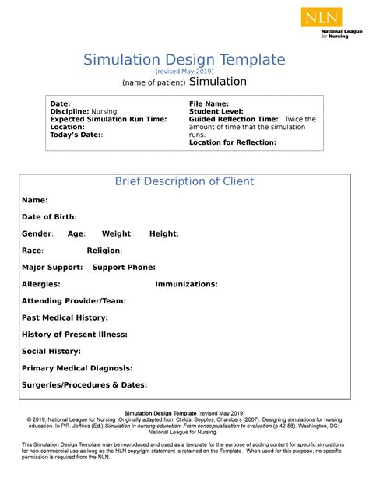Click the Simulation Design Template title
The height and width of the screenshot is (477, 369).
pos(184,59)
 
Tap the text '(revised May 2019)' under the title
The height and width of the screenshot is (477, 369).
pos(184,71)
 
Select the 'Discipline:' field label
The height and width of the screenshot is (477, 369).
pos(71,111)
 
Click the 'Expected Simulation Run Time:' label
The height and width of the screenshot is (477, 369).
pos(108,119)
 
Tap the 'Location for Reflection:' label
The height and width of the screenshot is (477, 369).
pos(233,142)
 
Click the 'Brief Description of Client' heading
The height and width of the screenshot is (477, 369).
pos(184,181)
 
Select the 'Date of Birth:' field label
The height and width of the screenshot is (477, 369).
pos(49,216)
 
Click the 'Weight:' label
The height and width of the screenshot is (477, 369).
pos(118,233)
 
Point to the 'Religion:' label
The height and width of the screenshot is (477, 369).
pos(104,251)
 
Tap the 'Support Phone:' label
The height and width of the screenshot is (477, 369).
pos(124,267)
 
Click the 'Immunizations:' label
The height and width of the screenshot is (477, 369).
pos(187,284)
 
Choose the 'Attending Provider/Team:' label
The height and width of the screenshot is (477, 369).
pos(74,301)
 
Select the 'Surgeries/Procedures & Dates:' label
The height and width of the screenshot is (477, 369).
pos(84,385)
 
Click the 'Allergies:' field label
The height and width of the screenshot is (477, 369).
pos(40,284)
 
